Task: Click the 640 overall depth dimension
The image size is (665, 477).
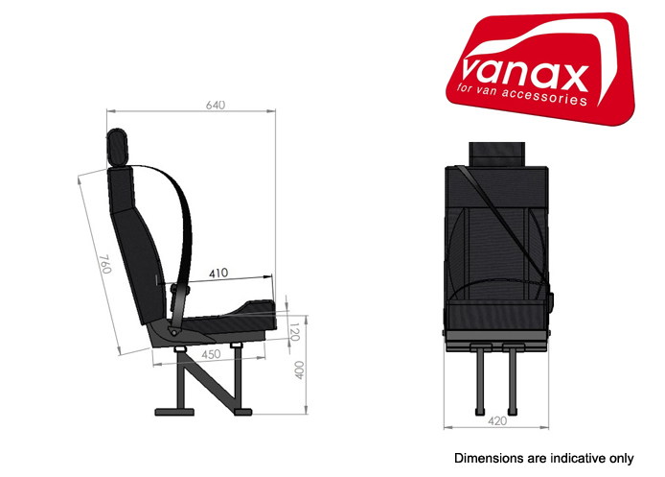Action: coord(215,105)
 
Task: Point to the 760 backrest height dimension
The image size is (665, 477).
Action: coord(104,264)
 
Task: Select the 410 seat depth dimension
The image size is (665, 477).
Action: coord(218,274)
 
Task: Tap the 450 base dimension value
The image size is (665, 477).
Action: coord(213,353)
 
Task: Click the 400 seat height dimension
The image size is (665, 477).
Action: coord(298,370)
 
